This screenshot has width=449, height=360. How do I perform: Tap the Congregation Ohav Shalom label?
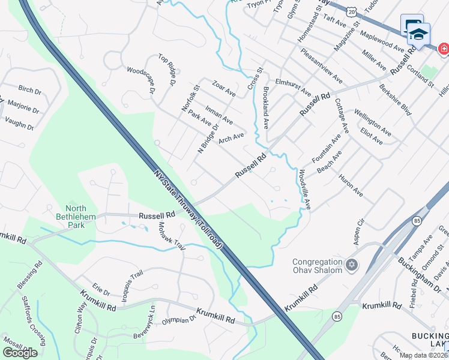[x=317, y=265]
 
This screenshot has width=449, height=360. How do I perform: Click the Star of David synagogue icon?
[x=352, y=265]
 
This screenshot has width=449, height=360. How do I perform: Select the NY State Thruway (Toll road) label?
[x=188, y=209]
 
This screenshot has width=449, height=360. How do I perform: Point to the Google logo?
[x=20, y=352]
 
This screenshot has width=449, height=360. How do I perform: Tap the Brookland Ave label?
[x=265, y=107]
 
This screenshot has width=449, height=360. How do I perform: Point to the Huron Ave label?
[x=351, y=185]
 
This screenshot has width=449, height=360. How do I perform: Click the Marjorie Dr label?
[x=23, y=107]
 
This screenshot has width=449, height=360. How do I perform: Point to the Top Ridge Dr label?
[x=169, y=67]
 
